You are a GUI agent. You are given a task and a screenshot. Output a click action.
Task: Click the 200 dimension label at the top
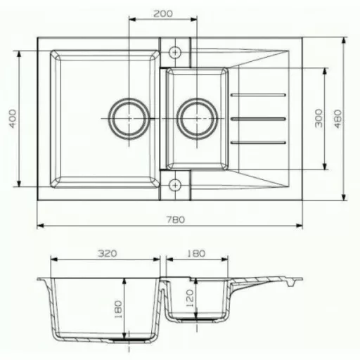(x=163, y=13)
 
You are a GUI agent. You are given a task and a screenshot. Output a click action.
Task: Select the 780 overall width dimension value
(x=176, y=219)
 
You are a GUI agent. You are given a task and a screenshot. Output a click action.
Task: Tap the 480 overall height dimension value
(x=337, y=119)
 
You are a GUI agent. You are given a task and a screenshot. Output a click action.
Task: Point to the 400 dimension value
(x=13, y=119)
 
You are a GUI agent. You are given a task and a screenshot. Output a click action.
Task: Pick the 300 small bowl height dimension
(x=319, y=118)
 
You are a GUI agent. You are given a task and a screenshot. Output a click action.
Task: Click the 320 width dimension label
(x=107, y=253)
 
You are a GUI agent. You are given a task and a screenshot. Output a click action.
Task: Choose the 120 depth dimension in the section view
(x=190, y=298)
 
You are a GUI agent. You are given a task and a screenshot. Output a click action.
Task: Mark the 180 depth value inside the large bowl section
(x=118, y=309)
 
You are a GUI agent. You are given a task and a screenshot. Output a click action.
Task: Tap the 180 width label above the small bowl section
(x=196, y=253)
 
